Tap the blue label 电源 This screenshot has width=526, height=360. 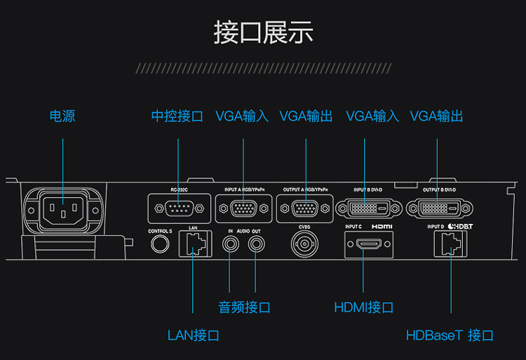62,116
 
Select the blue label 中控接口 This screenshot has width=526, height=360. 177,116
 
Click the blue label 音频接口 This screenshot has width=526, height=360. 244,307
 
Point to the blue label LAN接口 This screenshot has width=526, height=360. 194,335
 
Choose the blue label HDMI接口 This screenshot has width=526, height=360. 363,307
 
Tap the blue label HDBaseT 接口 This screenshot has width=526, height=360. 450,335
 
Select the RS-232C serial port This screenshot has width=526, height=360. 179,208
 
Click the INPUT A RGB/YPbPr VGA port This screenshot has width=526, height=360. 243,208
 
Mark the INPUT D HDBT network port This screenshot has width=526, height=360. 450,245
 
